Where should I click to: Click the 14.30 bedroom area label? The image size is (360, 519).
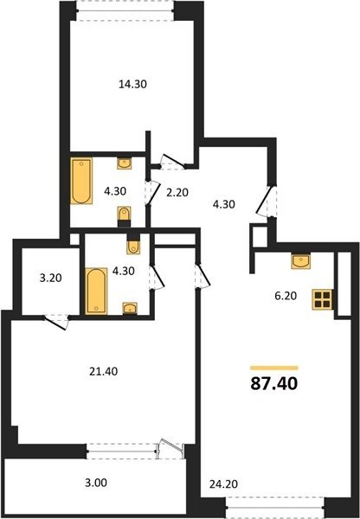point(132,85)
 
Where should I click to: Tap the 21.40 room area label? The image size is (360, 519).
point(103,371)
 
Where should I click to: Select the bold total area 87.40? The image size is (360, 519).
point(274,383)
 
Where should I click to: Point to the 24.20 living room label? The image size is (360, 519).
point(223,484)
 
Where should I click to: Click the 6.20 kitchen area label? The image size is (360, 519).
point(286,296)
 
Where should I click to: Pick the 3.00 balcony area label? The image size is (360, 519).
point(96,483)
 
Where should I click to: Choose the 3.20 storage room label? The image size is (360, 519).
point(51,278)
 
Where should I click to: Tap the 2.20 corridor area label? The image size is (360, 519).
point(177,192)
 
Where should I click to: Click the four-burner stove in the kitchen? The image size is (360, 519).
point(322,299)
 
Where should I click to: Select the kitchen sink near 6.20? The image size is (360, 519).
point(300,261)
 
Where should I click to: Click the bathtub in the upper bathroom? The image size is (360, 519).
point(81,181)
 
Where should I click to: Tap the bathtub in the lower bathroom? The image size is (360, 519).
point(96,291)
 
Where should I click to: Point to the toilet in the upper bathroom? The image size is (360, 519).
point(125,216)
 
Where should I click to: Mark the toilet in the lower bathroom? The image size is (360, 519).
point(133,244)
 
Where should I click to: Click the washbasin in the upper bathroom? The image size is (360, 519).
point(125,163)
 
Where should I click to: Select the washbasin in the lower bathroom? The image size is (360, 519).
point(130,308)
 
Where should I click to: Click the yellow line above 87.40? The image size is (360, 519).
point(274,368)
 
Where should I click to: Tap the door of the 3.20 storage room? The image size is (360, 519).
point(56,322)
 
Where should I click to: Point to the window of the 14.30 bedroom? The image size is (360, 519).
point(125,11)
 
